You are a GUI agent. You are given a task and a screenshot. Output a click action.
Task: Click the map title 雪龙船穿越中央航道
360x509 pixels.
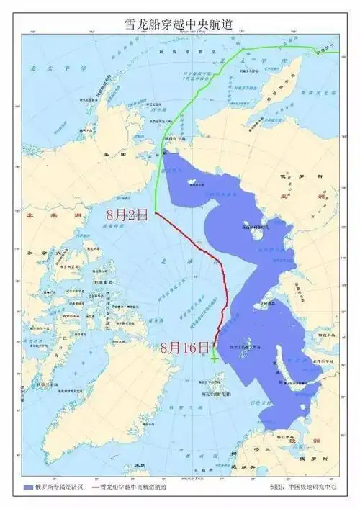coord(180,23)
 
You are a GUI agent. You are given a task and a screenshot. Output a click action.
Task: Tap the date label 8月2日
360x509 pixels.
coord(127,214)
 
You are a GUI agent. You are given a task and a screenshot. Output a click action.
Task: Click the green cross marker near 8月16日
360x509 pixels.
coord(215,356)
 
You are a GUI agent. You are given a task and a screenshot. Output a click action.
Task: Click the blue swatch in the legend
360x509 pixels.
coord(29,487)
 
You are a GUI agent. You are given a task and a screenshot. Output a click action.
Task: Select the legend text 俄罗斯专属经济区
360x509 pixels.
coord(63,487)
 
